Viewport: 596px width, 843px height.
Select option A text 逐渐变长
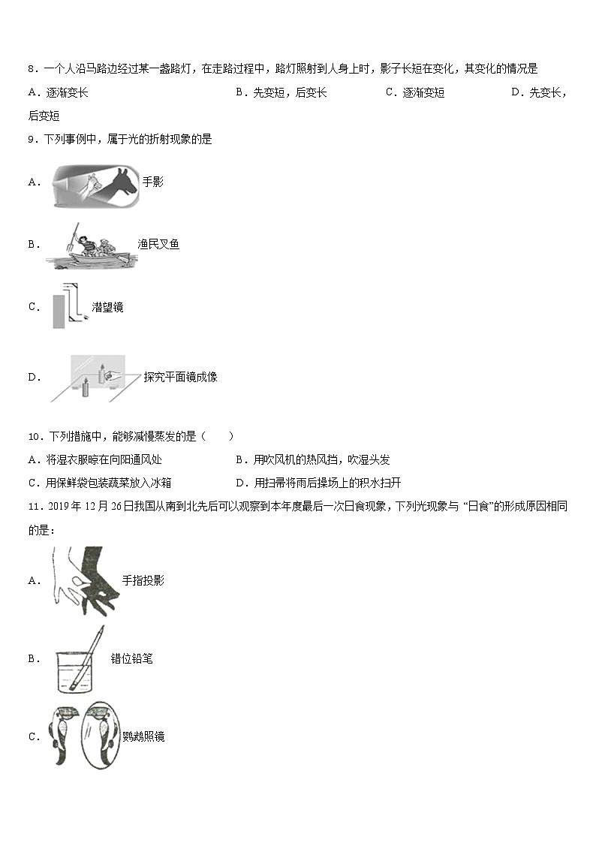(67, 92)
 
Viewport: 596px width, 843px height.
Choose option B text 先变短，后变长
(290, 92)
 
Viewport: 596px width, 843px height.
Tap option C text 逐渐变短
(423, 92)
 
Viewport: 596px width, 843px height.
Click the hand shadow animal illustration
(95, 185)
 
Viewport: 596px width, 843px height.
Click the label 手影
(152, 182)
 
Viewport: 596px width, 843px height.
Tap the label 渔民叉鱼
(158, 244)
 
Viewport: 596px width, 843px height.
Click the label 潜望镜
(107, 307)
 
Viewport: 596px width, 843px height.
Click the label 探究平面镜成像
(181, 377)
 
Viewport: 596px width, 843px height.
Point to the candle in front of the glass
(85, 387)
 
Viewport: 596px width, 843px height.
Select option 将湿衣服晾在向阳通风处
(104, 459)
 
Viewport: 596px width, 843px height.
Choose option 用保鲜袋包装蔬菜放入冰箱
(109, 483)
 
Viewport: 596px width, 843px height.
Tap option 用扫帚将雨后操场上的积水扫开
(327, 483)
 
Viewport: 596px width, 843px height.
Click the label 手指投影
(143, 580)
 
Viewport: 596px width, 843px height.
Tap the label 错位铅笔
(131, 658)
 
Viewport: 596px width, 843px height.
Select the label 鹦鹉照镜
(143, 736)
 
